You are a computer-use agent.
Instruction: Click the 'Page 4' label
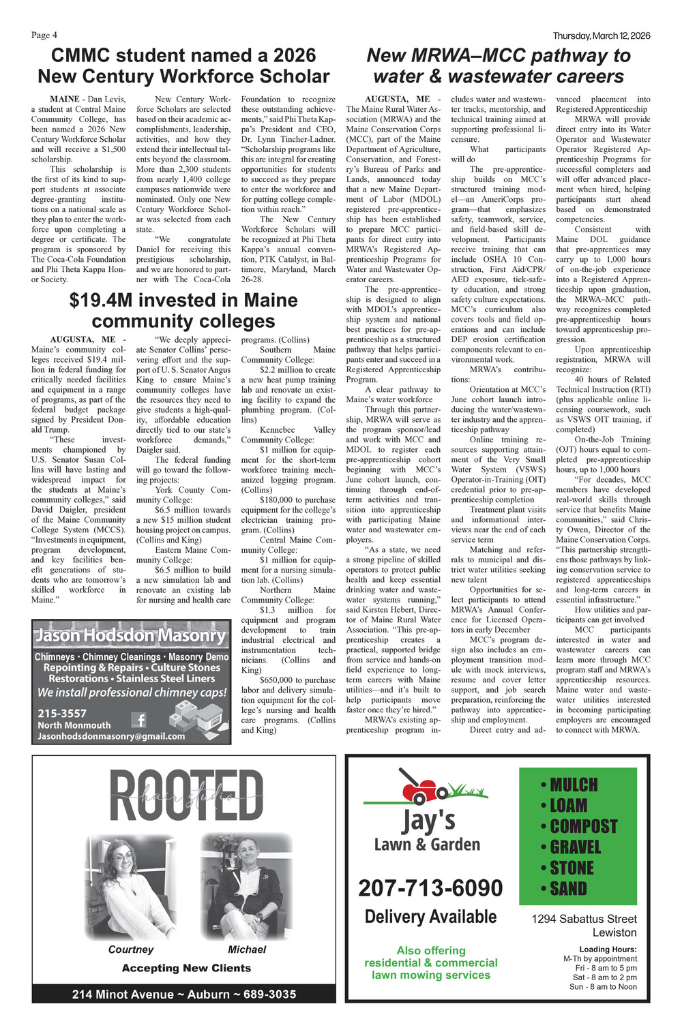(44, 35)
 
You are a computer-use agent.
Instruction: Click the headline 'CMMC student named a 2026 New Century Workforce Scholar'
(183, 65)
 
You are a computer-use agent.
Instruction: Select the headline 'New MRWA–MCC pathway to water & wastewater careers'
(499, 65)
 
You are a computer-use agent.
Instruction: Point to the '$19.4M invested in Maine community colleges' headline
(183, 310)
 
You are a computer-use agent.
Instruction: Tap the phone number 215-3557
(62, 713)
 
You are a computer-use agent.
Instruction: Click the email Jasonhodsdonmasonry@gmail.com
(111, 736)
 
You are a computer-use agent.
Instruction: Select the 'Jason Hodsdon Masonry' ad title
(130, 635)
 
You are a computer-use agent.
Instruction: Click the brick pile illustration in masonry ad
(196, 719)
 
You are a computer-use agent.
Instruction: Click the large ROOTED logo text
(186, 796)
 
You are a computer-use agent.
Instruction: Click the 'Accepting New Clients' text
(186, 968)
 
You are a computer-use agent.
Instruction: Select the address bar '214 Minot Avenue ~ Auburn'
(184, 994)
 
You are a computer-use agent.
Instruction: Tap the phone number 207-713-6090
(430, 888)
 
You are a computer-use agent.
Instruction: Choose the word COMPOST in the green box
(583, 827)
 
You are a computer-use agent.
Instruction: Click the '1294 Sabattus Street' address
(584, 919)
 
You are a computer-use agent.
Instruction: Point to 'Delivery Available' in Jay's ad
(430, 917)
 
